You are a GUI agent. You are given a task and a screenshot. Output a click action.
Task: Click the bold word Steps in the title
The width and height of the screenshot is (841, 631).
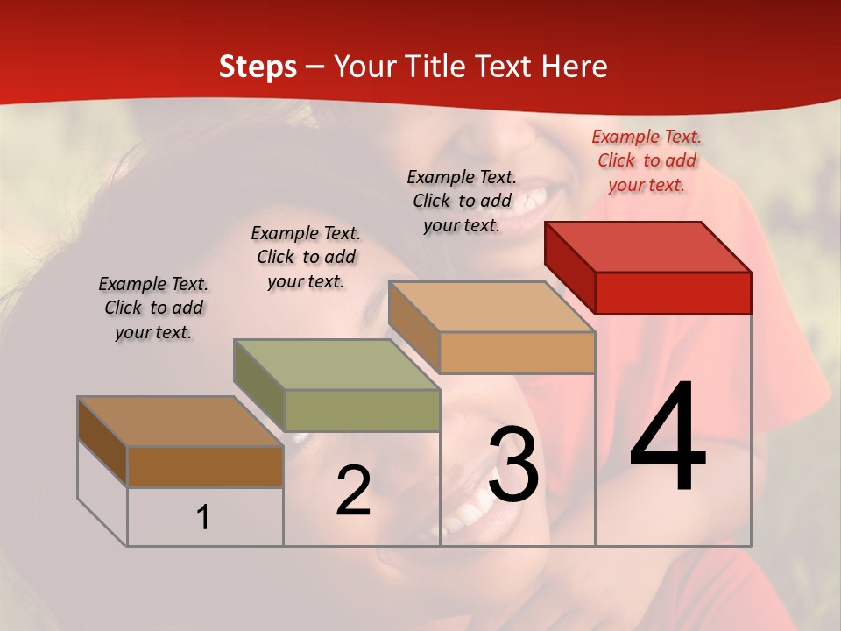(x=258, y=67)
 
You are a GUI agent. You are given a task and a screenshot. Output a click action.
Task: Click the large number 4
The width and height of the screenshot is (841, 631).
(x=668, y=438)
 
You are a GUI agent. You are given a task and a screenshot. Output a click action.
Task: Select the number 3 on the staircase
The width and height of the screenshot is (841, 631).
(x=513, y=464)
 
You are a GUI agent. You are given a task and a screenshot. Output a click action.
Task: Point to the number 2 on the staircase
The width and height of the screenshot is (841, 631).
(x=353, y=491)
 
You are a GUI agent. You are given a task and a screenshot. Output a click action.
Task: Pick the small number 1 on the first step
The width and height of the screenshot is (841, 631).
(x=203, y=517)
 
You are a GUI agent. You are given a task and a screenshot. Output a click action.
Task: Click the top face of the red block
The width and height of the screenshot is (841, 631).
(x=648, y=247)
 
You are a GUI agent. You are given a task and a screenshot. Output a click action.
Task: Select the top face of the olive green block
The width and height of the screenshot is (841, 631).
(x=336, y=365)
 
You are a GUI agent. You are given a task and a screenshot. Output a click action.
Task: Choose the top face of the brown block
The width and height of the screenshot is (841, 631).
(x=180, y=422)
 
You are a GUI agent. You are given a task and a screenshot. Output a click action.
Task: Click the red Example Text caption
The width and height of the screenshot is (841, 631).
(x=647, y=160)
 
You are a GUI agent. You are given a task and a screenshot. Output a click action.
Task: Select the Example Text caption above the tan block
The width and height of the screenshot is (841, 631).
(x=462, y=201)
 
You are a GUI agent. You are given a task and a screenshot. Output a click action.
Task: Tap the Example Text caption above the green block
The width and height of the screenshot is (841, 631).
(x=306, y=257)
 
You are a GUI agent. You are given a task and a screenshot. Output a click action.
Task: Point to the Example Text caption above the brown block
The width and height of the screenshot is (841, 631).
(x=153, y=308)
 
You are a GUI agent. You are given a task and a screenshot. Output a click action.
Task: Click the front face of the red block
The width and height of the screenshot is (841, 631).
(x=673, y=293)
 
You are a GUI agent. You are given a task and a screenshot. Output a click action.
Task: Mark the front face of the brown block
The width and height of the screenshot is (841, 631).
(x=205, y=466)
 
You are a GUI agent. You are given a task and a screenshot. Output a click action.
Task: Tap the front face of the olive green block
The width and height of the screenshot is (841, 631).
(x=362, y=410)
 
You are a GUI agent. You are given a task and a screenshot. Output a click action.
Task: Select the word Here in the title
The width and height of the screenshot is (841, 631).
(x=575, y=67)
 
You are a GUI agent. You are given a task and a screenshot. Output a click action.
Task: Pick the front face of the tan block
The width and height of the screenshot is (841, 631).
(x=517, y=352)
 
